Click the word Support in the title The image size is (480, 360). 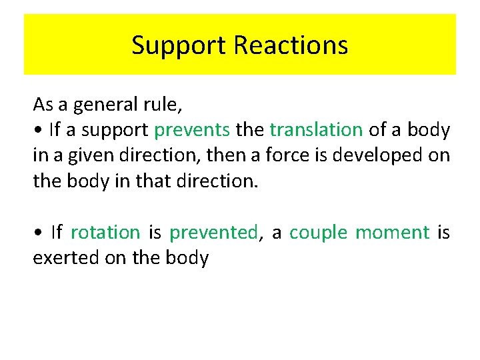[179, 45]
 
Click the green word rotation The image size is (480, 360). [105, 233]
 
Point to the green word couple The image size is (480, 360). [318, 233]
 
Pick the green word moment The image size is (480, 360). [392, 233]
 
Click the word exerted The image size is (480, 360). [63, 258]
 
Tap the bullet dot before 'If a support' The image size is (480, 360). [37, 131]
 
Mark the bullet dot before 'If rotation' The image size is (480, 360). [37, 233]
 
